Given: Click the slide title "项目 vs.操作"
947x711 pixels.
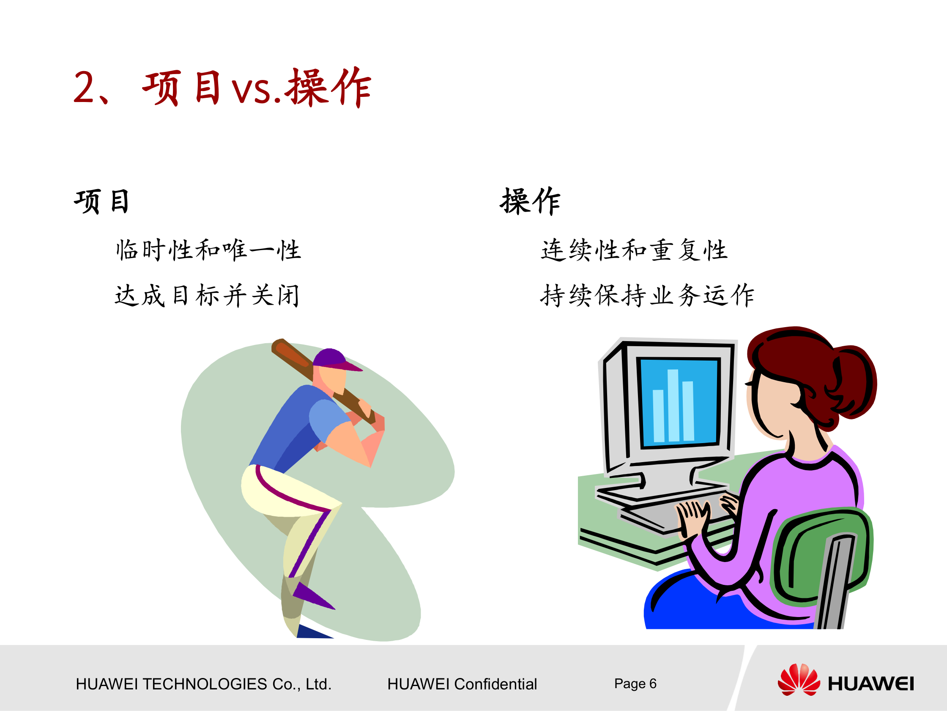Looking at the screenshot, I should point(223,88).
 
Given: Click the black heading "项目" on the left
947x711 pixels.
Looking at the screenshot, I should point(101,201).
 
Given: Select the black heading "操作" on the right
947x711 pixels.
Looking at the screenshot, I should point(530,201).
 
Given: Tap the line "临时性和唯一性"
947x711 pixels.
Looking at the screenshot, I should point(208,250).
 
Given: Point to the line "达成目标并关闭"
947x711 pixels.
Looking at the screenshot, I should point(207,295).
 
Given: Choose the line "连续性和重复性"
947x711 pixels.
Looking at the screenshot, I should point(634,250).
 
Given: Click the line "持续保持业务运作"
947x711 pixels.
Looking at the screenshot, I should point(647,295).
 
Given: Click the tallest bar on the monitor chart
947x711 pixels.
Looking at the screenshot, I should point(673,405).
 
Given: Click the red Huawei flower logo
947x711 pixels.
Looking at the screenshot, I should point(799,680).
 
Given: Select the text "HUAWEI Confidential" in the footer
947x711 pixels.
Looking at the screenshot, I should point(462,684).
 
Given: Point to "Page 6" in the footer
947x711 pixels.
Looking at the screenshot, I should point(635,683).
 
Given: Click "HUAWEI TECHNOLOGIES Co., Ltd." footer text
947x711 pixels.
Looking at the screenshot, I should point(204,684).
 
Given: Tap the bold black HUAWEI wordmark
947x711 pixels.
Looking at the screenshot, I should point(871,683).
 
